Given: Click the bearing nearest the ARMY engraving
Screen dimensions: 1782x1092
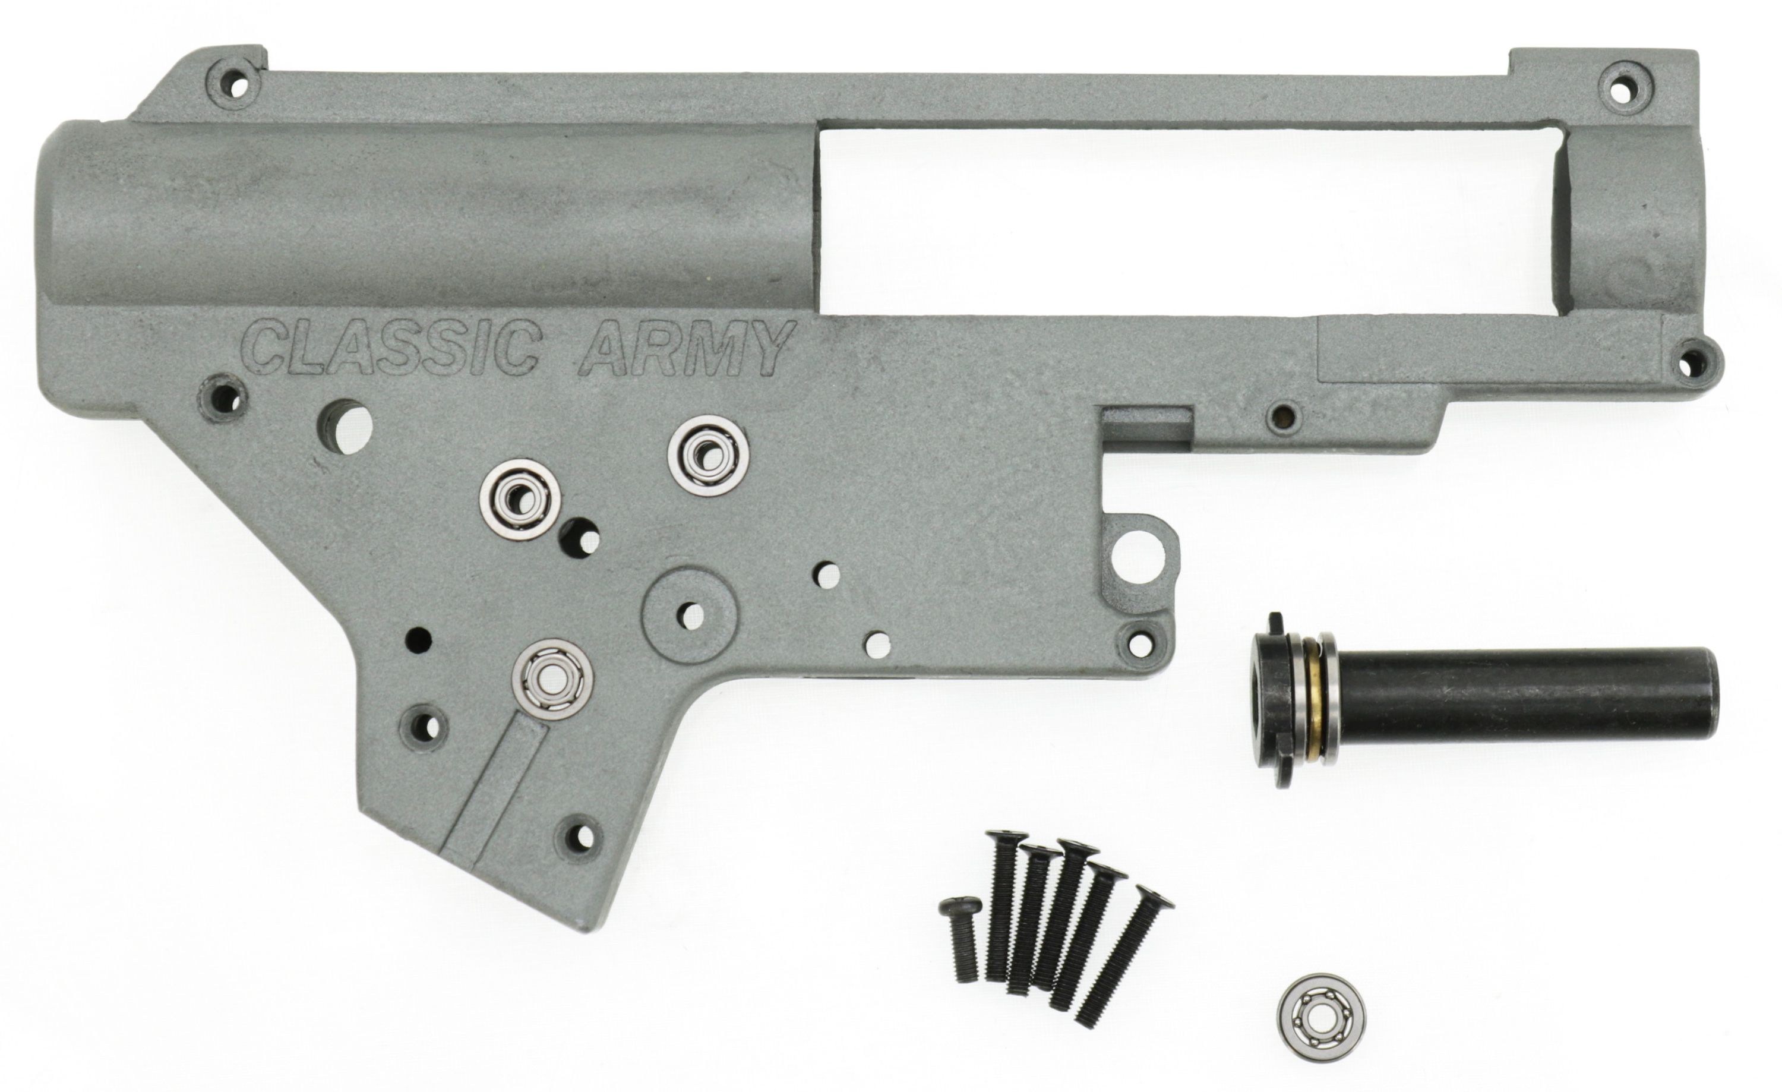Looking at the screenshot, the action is pos(708,456).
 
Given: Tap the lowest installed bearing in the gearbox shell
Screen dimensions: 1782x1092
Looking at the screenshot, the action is pos(552,679).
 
